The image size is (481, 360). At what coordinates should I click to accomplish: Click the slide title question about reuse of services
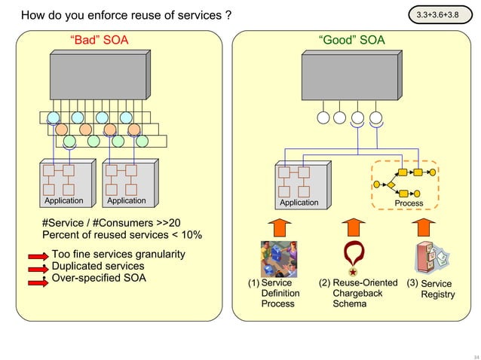click(126, 15)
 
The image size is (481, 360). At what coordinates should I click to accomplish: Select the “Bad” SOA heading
click(99, 41)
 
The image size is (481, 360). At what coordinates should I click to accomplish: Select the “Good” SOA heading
click(351, 41)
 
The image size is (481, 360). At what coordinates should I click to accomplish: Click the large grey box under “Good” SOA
click(352, 81)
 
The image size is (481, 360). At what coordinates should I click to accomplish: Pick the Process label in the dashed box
click(409, 203)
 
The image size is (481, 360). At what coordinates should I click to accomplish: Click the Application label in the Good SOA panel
click(299, 203)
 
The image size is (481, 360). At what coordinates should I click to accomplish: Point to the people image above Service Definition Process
click(278, 259)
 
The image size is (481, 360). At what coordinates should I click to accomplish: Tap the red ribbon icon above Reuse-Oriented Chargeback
click(352, 259)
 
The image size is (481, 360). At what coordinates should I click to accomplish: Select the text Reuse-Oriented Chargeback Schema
click(357, 293)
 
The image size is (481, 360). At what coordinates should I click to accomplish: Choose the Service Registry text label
click(437, 289)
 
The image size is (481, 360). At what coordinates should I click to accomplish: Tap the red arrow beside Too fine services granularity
click(38, 256)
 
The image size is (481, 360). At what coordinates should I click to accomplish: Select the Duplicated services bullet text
click(97, 266)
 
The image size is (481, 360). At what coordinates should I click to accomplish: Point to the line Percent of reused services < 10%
click(121, 235)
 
